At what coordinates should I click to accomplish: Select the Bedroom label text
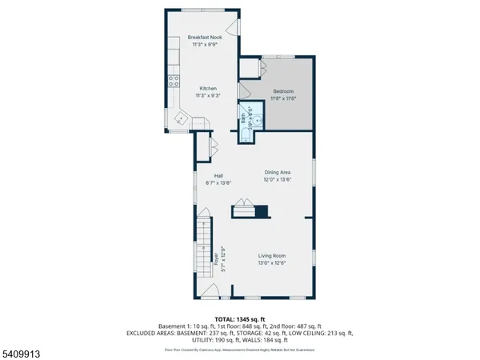pos(283,91)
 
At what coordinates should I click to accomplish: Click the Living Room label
pos(273,256)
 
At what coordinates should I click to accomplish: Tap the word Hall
pos(218,176)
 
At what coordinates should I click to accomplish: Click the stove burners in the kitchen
pos(172,79)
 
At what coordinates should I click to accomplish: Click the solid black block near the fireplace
pos(261,211)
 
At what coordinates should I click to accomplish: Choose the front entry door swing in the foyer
pos(211,290)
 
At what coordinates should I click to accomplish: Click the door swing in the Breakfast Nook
pos(231,28)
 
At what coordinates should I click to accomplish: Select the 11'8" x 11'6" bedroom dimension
pos(283,98)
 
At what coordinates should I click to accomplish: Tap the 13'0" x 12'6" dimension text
pos(273,262)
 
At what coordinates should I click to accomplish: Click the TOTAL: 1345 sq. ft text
pos(240,318)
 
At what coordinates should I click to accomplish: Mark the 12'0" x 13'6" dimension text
pos(278,180)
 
